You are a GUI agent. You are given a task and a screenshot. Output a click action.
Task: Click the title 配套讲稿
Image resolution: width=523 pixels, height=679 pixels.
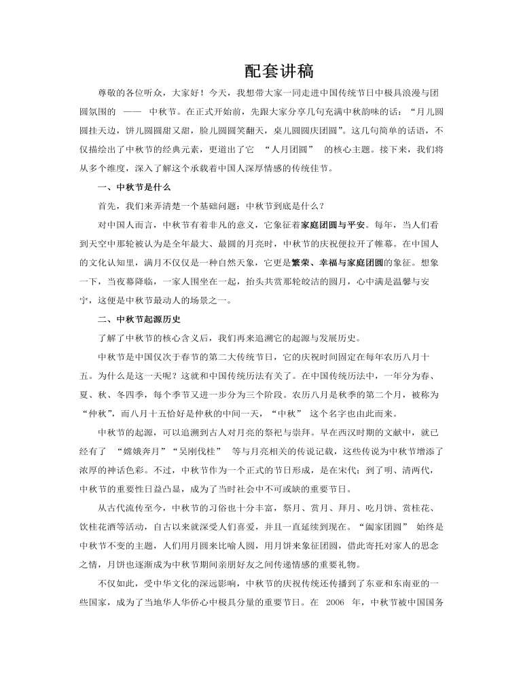tap(261, 71)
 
